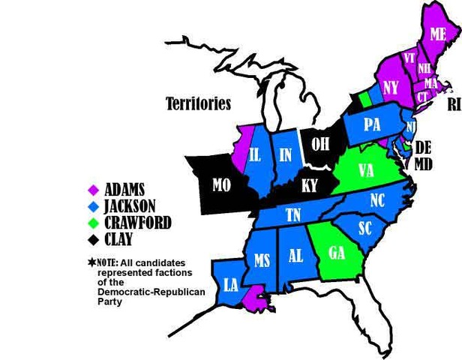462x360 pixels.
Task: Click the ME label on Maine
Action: (438, 33)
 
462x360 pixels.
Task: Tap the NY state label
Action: (390, 87)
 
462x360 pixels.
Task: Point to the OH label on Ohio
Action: (320, 143)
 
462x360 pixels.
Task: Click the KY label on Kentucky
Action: (310, 184)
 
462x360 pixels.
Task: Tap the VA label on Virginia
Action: (365, 171)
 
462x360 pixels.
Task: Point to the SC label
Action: (366, 228)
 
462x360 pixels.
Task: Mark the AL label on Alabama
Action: (296, 256)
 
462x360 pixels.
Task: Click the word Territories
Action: (198, 104)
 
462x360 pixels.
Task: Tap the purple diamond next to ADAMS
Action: (94, 189)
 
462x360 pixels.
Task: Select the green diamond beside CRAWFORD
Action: (94, 223)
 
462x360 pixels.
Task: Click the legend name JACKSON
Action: (130, 205)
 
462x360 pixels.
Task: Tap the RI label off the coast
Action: (454, 106)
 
